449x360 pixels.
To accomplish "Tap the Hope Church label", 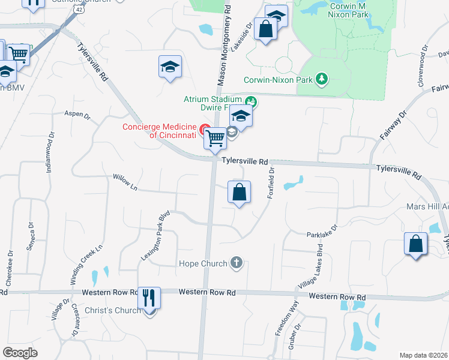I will tap(203, 263).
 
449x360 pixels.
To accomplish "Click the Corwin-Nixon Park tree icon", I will tap(322, 79).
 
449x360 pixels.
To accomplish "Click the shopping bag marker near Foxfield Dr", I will tap(239, 193).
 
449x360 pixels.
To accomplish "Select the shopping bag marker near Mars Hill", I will tap(415, 244).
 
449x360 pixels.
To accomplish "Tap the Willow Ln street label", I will tap(125, 182).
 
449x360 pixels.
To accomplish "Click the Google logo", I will tap(20, 352).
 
